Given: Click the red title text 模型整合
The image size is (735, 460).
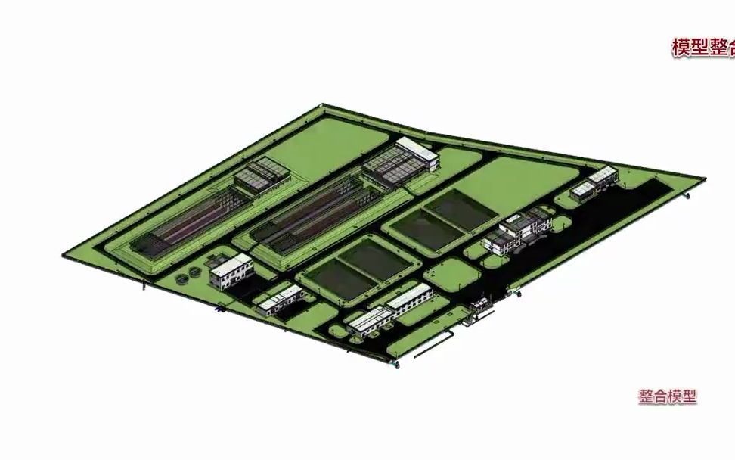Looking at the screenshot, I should (702, 48).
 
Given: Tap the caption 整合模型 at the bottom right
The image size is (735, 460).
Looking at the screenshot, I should (667, 396).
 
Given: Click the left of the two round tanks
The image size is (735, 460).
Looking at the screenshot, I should (183, 278).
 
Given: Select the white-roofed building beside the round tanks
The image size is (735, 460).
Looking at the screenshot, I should (231, 269).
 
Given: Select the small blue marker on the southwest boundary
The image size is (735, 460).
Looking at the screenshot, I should (219, 309).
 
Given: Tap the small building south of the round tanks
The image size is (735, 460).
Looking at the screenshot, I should (278, 299).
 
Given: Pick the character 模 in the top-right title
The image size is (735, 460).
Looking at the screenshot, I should (681, 48).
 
